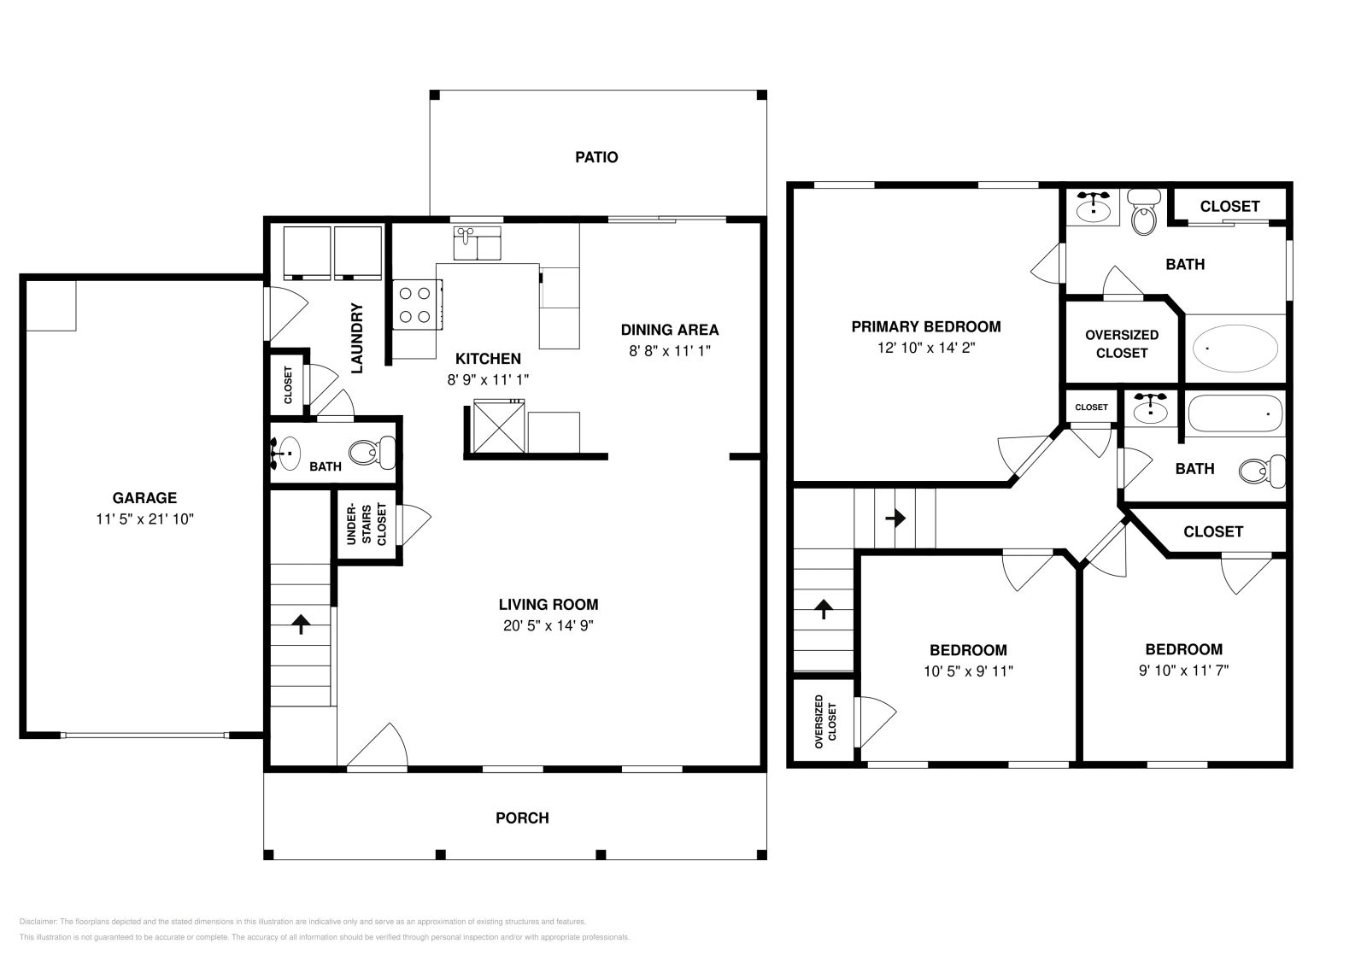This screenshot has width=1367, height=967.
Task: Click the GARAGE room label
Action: (x=144, y=498)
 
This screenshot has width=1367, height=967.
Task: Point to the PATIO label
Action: (x=596, y=157)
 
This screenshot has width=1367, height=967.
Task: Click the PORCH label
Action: (x=522, y=818)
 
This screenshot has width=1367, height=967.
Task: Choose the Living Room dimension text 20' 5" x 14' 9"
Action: (x=548, y=625)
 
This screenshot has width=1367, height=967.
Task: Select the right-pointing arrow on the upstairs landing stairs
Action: (x=895, y=518)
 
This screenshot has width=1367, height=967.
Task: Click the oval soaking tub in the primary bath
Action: (x=1235, y=349)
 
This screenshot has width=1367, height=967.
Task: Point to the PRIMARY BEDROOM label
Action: (x=925, y=326)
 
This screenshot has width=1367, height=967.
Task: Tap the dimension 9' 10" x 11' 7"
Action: (x=1183, y=671)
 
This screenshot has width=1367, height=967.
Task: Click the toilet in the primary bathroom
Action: (x=1143, y=213)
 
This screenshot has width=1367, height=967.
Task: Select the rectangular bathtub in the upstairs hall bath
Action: (x=1235, y=414)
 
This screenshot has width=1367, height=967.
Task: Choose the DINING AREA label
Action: (x=669, y=330)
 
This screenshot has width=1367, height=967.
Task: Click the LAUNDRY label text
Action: (x=357, y=338)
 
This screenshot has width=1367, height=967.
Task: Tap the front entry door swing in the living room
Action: (x=380, y=746)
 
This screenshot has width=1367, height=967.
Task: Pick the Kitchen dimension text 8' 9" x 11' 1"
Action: (x=488, y=379)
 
